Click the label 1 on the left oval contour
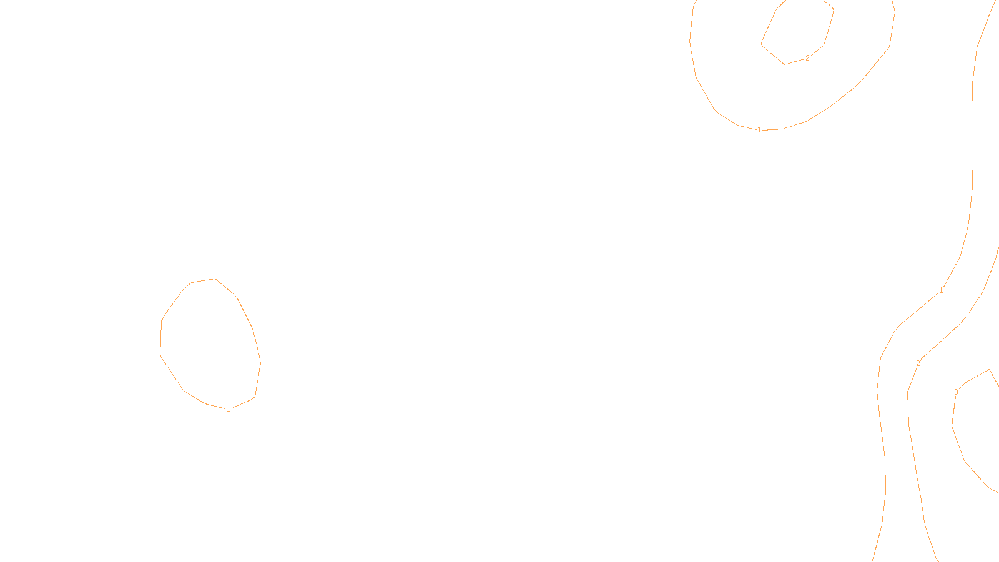coord(229,409)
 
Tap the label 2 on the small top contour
coord(807,58)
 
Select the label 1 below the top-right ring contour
coord(759,130)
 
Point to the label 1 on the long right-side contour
coord(941,290)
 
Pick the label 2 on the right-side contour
coord(918,363)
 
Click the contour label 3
coord(956,392)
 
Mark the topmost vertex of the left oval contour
coord(215,279)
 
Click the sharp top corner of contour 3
coord(989,370)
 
